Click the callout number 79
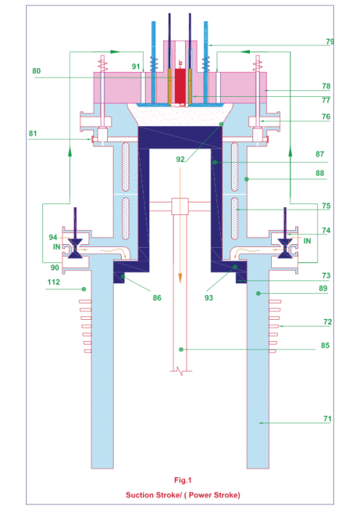click(x=329, y=42)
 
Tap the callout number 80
click(x=36, y=71)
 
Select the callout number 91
click(x=136, y=67)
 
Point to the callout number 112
click(x=54, y=282)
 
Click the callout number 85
click(x=325, y=345)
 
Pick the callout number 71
click(x=327, y=419)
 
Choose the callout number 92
click(x=180, y=160)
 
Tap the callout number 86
click(x=157, y=298)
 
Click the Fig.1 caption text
click(x=183, y=480)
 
